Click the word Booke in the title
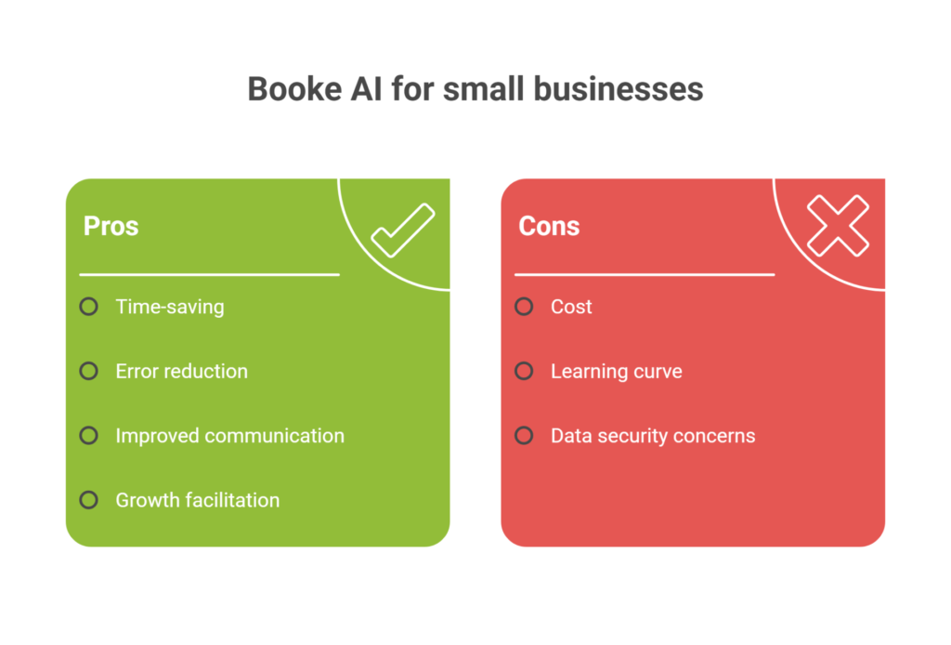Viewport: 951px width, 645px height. click(x=294, y=89)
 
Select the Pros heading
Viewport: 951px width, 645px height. click(x=111, y=227)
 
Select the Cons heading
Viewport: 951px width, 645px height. click(x=549, y=227)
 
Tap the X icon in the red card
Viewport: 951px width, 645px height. click(x=839, y=226)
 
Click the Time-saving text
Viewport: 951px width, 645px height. click(x=170, y=307)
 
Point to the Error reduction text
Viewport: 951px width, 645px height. click(x=181, y=372)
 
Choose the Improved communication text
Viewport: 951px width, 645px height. click(x=230, y=436)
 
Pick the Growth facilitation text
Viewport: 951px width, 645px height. click(x=198, y=500)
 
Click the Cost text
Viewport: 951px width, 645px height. click(x=571, y=307)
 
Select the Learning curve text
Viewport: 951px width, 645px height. click(x=617, y=372)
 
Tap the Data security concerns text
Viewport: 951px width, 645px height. click(x=653, y=436)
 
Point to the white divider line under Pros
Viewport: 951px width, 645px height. click(x=209, y=275)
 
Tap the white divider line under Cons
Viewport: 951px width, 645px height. click(x=645, y=275)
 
